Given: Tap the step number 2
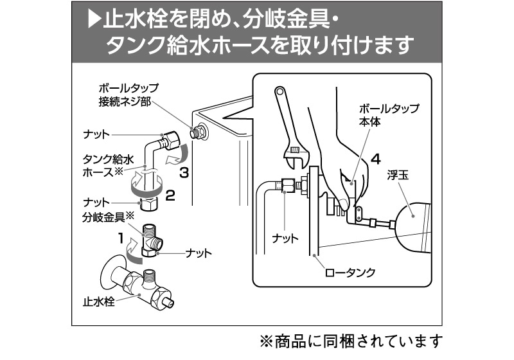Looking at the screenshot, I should pyautogui.click(x=170, y=195).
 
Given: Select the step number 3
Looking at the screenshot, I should pyautogui.click(x=184, y=172).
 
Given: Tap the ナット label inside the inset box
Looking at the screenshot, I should pyautogui.click(x=286, y=239).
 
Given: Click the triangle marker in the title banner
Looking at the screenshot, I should pyautogui.click(x=94, y=20).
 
